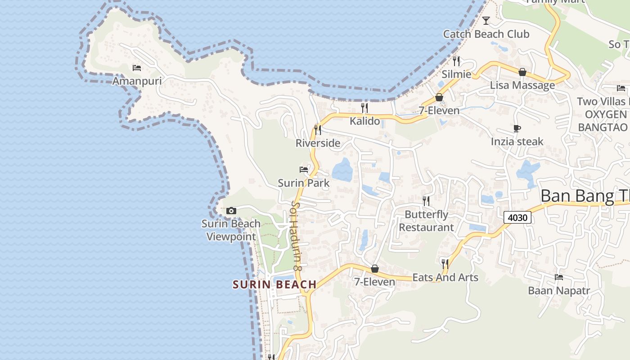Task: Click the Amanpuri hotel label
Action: point(136,81)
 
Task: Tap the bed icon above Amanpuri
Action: point(137,68)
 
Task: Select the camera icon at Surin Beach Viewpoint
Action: point(231,211)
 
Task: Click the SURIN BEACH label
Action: point(274,284)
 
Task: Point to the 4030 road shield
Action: point(517,218)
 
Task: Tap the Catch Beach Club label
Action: point(486,34)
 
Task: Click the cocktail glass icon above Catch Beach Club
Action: point(486,21)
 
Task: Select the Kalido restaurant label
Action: point(365,121)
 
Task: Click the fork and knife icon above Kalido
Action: point(364,108)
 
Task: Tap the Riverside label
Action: point(318,143)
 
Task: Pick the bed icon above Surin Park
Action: point(304,170)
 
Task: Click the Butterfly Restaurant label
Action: point(426,221)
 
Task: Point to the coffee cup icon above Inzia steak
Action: point(517,129)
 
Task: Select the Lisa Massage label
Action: point(522,85)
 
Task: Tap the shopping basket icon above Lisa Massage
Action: point(522,72)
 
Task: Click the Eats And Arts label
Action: point(445,277)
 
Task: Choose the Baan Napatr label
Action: point(558,291)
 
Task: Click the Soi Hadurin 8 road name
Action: point(296,236)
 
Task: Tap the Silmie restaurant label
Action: point(456,74)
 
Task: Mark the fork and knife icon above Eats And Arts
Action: point(445,264)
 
